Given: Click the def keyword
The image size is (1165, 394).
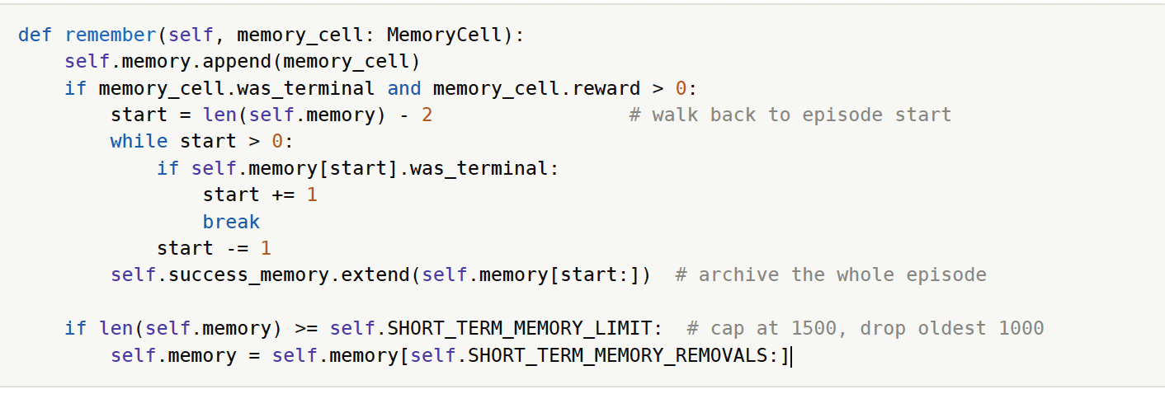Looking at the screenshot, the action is (35, 35).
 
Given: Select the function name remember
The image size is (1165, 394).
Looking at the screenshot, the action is (111, 35).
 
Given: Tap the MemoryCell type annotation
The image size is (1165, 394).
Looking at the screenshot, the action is (444, 35).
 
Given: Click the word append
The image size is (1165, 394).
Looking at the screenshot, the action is (237, 62).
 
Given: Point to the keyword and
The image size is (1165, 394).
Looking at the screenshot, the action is (404, 88).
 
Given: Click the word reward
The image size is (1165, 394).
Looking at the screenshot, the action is (606, 88).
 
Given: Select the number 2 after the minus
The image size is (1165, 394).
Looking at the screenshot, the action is (427, 115).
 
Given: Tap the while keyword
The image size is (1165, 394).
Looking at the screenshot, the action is (139, 142).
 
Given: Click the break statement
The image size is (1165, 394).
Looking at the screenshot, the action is (231, 222).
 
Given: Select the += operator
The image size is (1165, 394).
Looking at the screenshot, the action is (283, 195).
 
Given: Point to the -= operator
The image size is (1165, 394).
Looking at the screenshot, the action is (237, 248).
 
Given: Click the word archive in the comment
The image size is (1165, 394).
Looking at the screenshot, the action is (738, 275).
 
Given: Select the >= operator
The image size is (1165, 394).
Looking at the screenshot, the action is (306, 329).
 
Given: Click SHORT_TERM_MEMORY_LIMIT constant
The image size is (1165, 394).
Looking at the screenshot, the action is (519, 329).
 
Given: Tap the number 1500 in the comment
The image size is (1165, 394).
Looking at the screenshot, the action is (814, 329).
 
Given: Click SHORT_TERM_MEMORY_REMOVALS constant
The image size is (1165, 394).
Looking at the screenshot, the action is (617, 355).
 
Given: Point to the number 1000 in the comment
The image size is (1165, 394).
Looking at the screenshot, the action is (1021, 329).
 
